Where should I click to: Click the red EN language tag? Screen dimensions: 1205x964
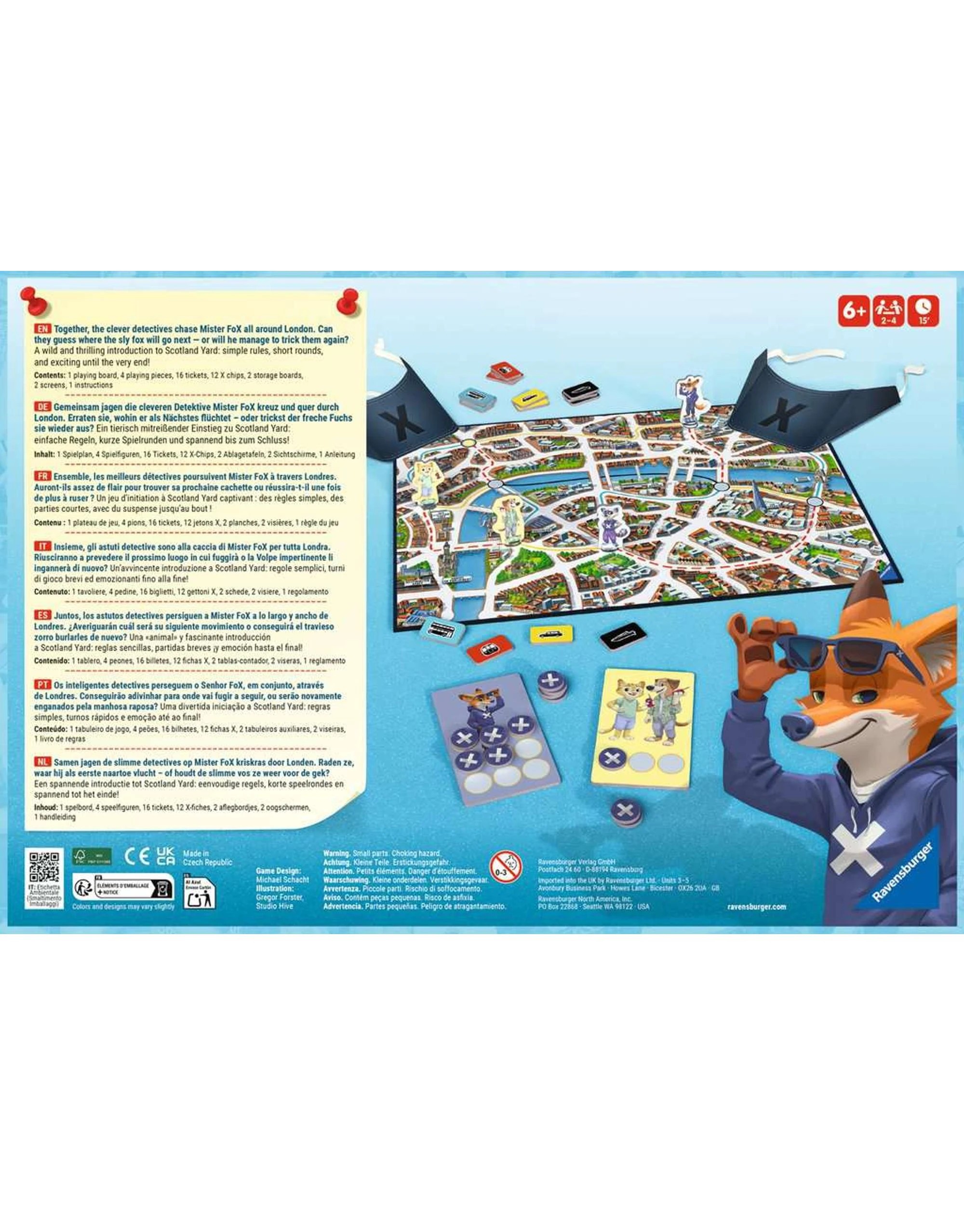click(x=42, y=329)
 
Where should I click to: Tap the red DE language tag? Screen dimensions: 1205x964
click(x=42, y=407)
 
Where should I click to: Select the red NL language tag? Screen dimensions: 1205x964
click(x=42, y=762)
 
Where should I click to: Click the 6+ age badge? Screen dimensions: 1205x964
click(x=853, y=310)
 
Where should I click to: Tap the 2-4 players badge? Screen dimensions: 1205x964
click(x=888, y=310)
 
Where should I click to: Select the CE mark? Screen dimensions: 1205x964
click(x=136, y=856)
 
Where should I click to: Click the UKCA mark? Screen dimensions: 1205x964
click(x=165, y=856)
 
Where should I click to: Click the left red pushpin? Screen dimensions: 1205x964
click(x=35, y=300)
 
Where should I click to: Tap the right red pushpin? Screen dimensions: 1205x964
click(x=348, y=301)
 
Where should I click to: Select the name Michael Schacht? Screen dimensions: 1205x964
click(x=282, y=879)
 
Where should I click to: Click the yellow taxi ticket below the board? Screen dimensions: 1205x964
click(x=551, y=633)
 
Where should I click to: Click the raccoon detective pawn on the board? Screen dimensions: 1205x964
click(x=609, y=526)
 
